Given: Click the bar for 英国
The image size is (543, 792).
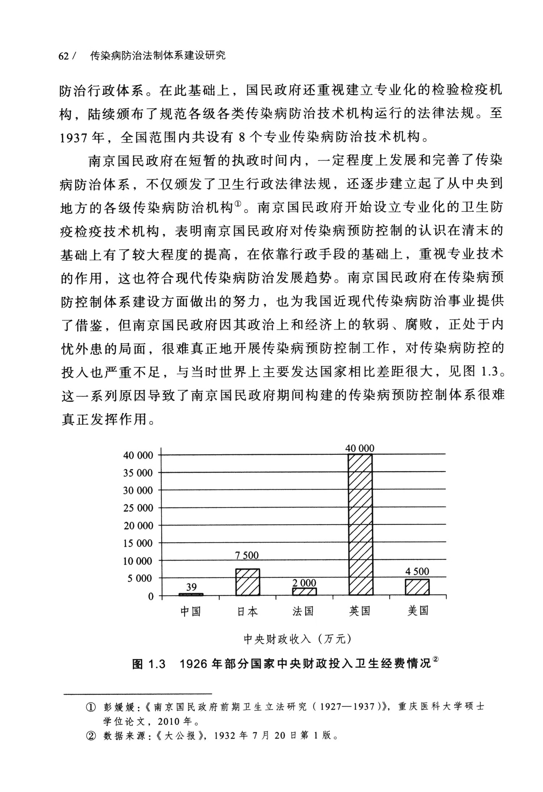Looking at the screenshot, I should tap(360, 524).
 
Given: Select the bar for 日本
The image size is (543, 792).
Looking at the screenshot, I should tap(248, 582).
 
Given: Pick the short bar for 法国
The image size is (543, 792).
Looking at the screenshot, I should tap(304, 591).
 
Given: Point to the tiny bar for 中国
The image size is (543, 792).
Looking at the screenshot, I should tap(191, 594).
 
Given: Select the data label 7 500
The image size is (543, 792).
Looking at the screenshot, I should tap(247, 555).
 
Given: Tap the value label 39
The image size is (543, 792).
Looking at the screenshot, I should tap(191, 586).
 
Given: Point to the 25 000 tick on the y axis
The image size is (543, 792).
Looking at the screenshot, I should tap(138, 508).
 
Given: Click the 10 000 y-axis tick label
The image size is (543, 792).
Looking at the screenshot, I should tap(138, 561).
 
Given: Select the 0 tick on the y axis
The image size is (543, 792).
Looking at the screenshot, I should tap(151, 596).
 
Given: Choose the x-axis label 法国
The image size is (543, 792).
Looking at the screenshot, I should tap(303, 611).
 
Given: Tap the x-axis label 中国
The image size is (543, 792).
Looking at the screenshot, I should tap(190, 611).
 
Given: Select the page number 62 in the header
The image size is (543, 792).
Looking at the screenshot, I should tap(63, 56).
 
